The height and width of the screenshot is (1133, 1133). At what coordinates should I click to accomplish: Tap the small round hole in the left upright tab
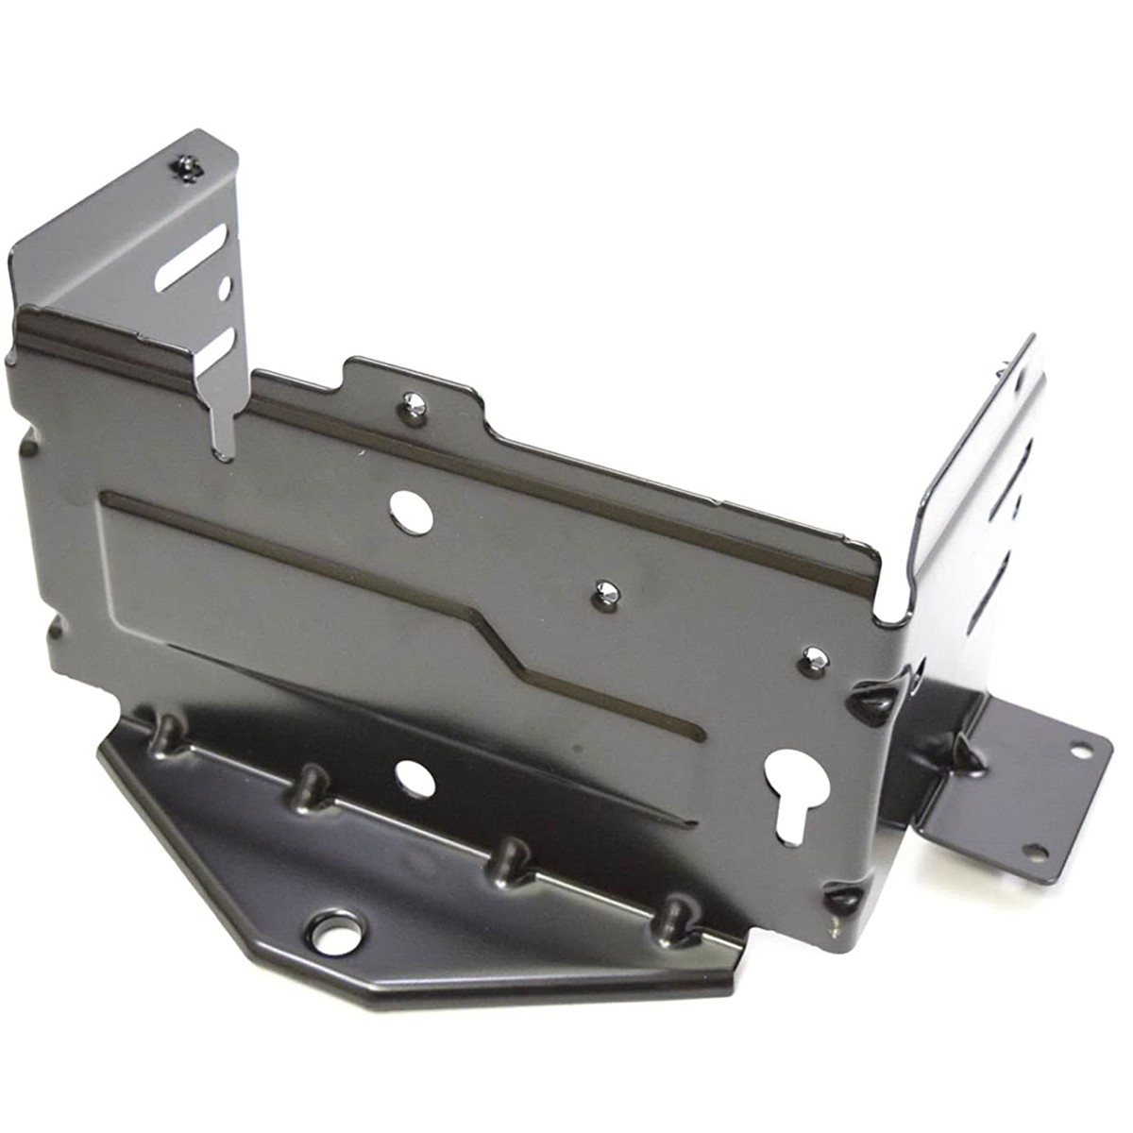(225, 282)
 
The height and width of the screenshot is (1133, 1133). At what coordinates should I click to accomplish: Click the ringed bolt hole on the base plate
(338, 931)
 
